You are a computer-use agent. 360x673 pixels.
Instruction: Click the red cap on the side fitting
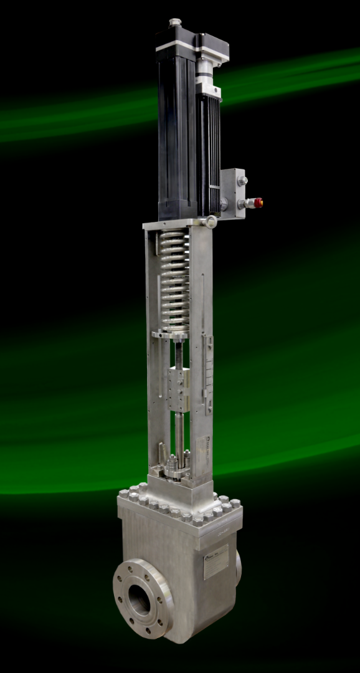[x=257, y=203]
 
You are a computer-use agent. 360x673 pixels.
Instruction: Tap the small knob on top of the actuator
[x=175, y=23]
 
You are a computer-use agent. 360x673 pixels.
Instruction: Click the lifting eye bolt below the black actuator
[x=211, y=221]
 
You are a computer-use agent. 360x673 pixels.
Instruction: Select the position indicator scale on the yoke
[x=208, y=374]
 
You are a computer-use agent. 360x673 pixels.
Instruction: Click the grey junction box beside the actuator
[x=233, y=193]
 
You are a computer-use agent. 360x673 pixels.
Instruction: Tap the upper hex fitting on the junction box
[x=242, y=181]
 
